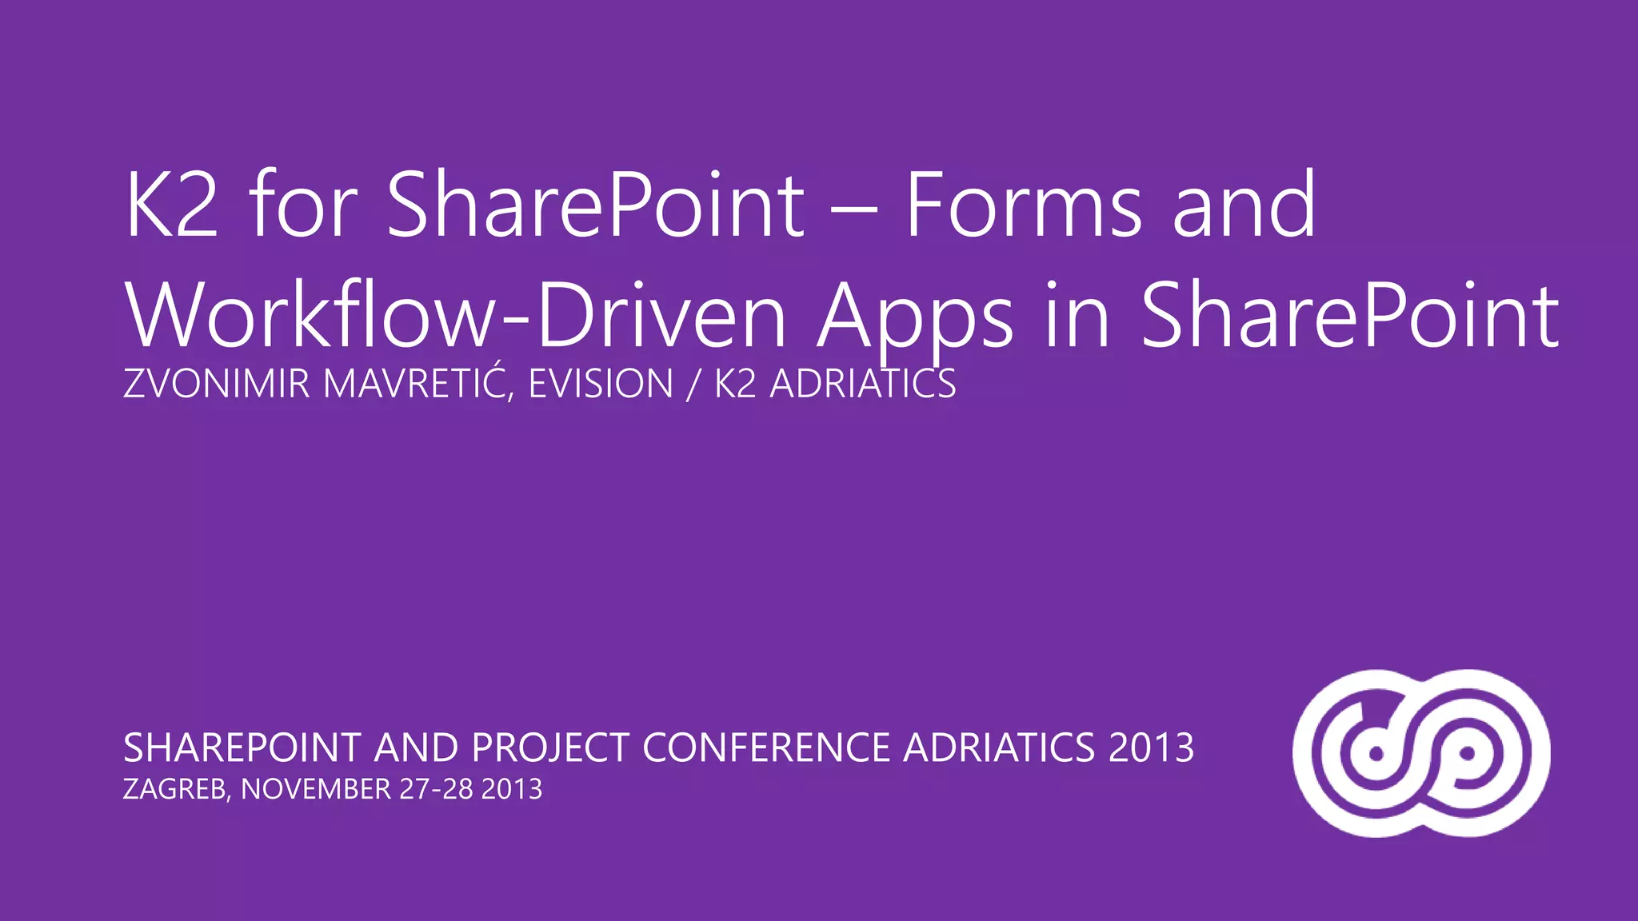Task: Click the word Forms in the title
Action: click(x=1023, y=205)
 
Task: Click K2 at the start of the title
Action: click(x=171, y=205)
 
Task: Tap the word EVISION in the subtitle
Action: click(x=601, y=384)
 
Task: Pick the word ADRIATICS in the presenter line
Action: click(x=862, y=384)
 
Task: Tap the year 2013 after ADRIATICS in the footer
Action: click(x=1151, y=748)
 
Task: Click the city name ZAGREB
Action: click(x=177, y=790)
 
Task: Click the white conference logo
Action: click(x=1421, y=753)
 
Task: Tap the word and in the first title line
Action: click(x=1244, y=205)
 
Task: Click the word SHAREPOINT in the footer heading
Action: click(x=242, y=748)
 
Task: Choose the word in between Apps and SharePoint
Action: click(x=1077, y=316)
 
